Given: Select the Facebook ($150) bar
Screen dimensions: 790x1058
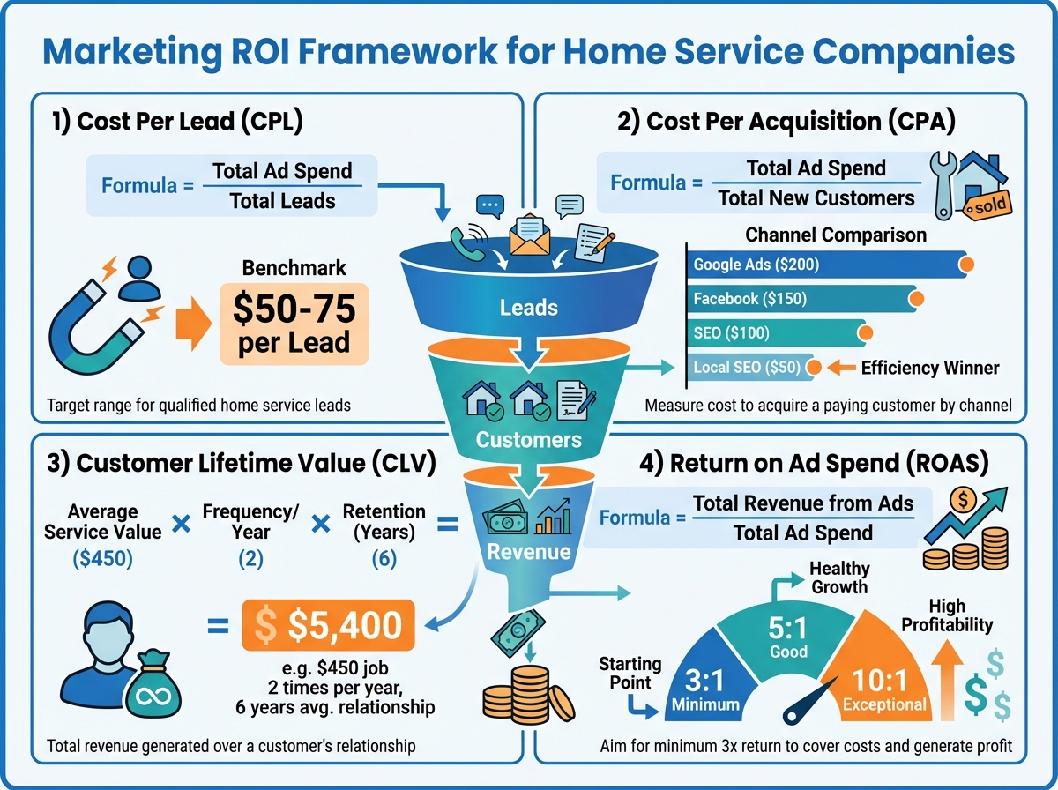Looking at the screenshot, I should click(798, 299).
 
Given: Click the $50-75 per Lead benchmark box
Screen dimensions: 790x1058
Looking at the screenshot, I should click(294, 322).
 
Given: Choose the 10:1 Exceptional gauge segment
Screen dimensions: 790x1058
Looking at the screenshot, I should click(882, 683).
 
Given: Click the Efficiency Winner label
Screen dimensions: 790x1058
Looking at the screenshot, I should click(929, 368).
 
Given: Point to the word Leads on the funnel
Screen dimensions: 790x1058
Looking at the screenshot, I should click(528, 308).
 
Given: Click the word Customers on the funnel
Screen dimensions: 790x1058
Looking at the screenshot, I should click(528, 438).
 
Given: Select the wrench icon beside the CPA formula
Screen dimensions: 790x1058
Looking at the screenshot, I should click(947, 185).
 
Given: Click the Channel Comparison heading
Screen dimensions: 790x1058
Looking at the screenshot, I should click(836, 235).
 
